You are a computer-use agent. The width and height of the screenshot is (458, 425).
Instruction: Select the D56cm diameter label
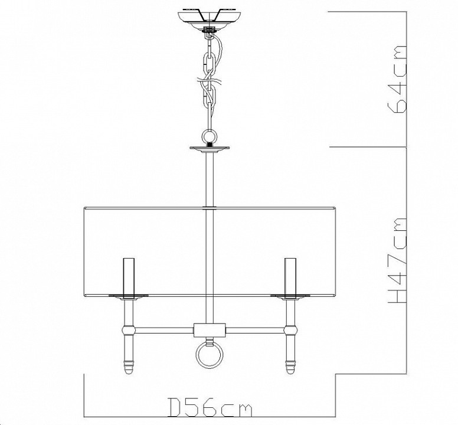pos(210,407)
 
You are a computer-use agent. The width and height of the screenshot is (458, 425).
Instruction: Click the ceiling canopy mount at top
pos(208,17)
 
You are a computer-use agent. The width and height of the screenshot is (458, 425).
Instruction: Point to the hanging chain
pos(208,77)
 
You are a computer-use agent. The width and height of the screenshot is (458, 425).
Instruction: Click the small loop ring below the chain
pos(208,135)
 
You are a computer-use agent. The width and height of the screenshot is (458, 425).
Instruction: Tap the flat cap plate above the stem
pos(208,148)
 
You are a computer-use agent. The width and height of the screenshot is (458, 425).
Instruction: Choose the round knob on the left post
pos(128,328)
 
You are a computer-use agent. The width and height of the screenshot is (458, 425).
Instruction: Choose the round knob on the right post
pos(289,328)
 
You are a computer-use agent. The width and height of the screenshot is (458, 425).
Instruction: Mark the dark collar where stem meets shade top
pos(208,208)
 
